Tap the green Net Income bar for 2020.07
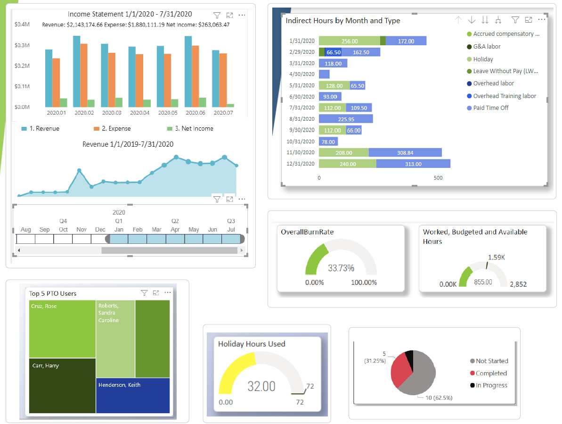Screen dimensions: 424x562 pos(230,105)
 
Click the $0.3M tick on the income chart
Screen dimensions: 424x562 pos(22,45)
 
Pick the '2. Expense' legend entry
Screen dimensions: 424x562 pos(112,128)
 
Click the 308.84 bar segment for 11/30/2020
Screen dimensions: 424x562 pos(405,152)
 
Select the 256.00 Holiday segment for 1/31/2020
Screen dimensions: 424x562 pos(350,41)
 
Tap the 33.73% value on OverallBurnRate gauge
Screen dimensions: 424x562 pos(341,268)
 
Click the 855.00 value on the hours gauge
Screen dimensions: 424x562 pos(483,282)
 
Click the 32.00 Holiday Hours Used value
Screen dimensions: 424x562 pos(261,386)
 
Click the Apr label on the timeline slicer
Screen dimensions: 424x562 pos(175,230)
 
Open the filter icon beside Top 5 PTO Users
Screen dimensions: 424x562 pos(144,293)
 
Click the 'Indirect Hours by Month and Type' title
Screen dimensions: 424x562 pos(343,21)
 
